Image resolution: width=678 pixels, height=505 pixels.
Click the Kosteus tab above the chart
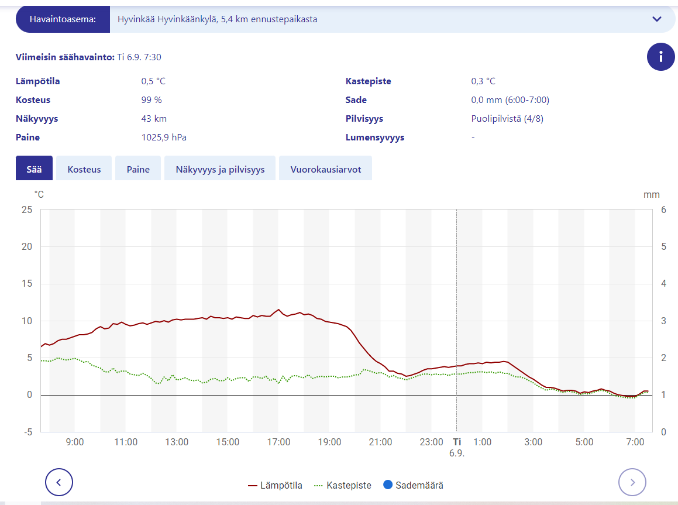84,169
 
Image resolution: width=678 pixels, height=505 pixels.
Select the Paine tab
138,169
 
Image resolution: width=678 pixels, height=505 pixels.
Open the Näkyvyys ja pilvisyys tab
220,169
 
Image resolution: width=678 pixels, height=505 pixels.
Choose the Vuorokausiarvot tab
325,169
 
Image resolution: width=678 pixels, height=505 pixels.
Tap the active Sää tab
34,169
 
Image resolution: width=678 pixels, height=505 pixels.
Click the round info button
661,57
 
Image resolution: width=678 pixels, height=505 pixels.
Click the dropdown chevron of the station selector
656,19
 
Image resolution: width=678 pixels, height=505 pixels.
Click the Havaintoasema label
62,19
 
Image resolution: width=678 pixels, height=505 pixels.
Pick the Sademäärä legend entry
413,485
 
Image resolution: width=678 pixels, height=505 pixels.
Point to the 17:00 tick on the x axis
278,442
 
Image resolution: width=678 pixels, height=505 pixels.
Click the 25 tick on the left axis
26,209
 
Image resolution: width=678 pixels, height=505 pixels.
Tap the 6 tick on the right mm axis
663,209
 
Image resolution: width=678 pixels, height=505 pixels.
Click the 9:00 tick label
75,442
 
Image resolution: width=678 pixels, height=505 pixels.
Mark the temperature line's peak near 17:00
278,310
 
